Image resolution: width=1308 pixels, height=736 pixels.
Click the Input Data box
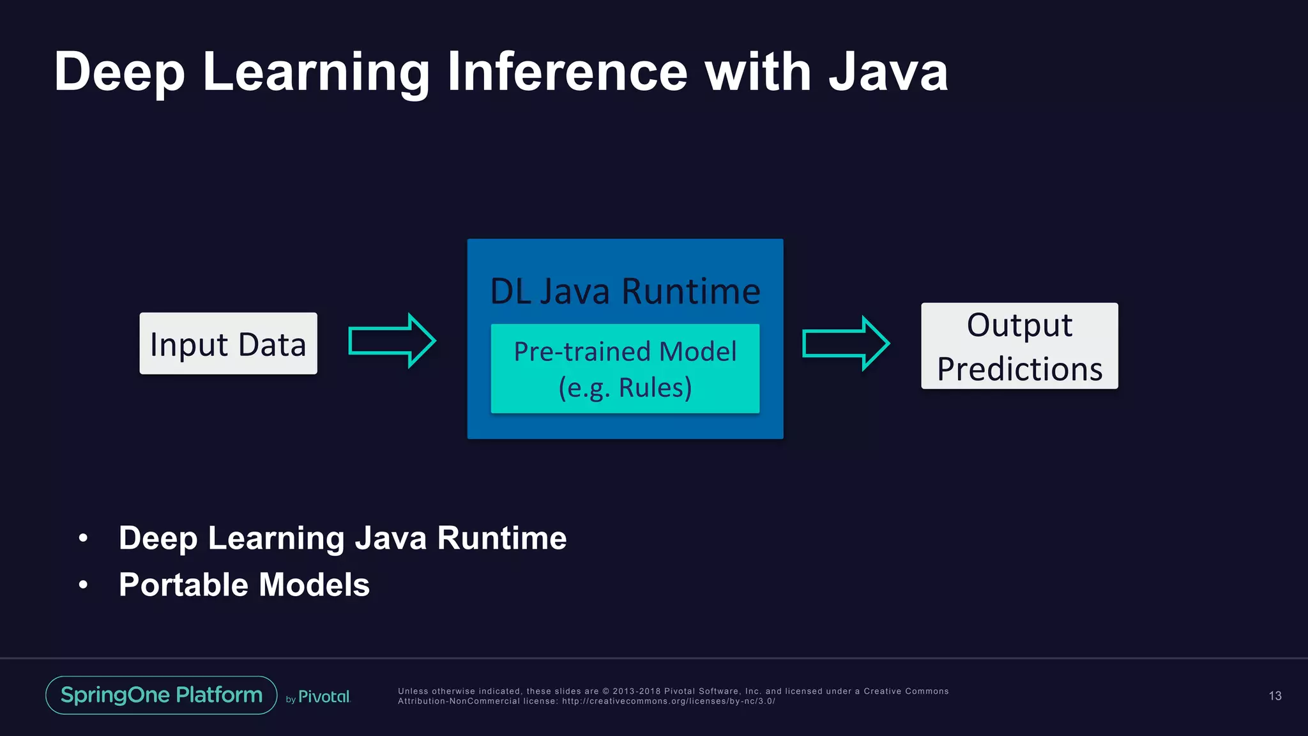click(x=228, y=344)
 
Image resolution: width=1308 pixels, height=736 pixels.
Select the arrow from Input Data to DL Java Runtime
click(x=392, y=341)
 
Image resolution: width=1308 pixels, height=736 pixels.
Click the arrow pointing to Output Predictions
click(x=845, y=343)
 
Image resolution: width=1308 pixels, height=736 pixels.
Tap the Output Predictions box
click(x=1019, y=346)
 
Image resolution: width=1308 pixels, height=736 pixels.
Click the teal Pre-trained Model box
click(x=625, y=369)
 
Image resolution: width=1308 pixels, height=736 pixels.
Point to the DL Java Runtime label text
click(x=625, y=291)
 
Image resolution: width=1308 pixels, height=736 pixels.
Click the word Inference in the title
click(x=567, y=72)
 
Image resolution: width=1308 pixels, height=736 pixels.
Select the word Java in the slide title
click(x=888, y=72)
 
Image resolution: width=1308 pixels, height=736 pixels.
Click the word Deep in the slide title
click(x=119, y=73)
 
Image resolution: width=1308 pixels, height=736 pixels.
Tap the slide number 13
click(x=1275, y=696)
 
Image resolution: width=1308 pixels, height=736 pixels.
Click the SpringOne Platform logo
click(x=162, y=695)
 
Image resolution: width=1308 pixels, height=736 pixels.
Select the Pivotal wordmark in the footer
click(x=324, y=697)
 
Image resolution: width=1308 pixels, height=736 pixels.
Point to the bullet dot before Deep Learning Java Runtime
click(x=83, y=538)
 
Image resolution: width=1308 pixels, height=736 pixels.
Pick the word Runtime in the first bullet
click(x=502, y=538)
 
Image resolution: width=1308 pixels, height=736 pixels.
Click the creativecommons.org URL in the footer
click(x=668, y=701)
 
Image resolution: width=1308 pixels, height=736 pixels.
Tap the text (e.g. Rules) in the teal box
click(x=625, y=388)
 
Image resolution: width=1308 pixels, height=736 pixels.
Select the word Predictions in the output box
click(x=1019, y=369)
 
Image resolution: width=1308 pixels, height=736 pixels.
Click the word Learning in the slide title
click(x=316, y=73)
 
